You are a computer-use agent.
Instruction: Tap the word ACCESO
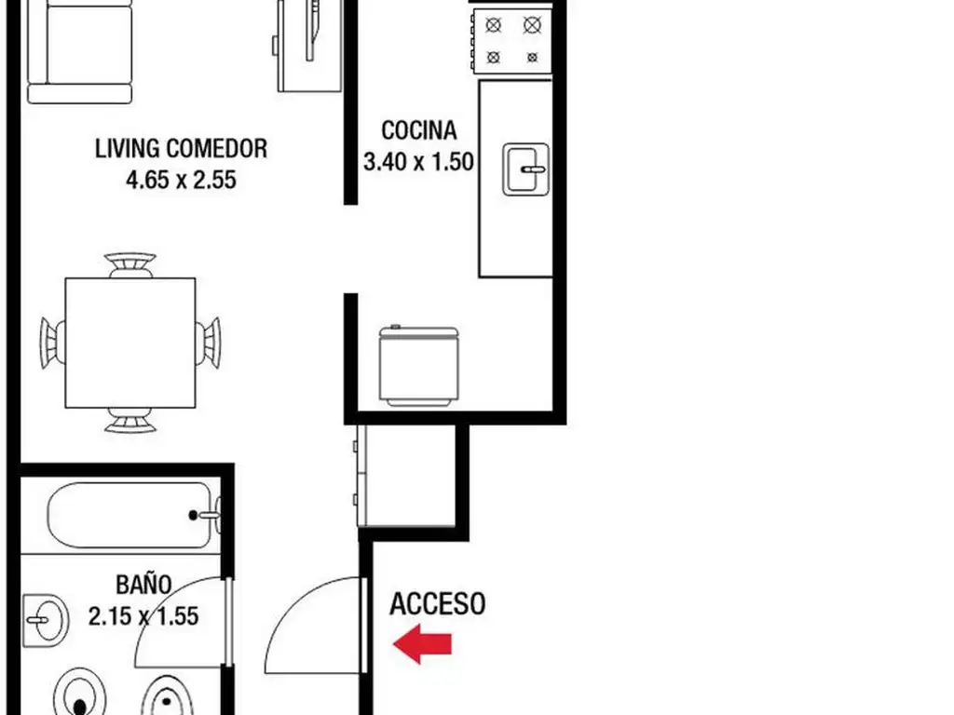click(x=438, y=603)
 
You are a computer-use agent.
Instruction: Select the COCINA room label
click(x=418, y=130)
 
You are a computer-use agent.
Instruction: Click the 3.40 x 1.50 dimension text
click(x=418, y=162)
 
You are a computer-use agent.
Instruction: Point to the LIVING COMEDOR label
click(x=181, y=148)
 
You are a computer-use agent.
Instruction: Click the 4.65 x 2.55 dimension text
click(x=181, y=180)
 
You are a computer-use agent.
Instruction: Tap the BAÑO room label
click(x=143, y=584)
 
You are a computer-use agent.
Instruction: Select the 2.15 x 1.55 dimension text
click(x=143, y=616)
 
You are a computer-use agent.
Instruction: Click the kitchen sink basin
click(x=526, y=169)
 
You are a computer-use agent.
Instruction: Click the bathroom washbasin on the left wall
click(x=46, y=620)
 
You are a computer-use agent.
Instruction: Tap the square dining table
click(x=130, y=343)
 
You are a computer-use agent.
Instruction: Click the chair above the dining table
click(x=129, y=265)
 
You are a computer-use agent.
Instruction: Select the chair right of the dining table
click(x=208, y=343)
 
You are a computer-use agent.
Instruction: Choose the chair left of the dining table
click(x=52, y=343)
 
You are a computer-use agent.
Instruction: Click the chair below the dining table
click(x=129, y=420)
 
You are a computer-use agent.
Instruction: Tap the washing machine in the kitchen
click(x=418, y=366)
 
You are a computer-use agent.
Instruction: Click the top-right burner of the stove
click(x=532, y=25)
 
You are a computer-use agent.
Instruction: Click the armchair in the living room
click(x=80, y=52)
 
